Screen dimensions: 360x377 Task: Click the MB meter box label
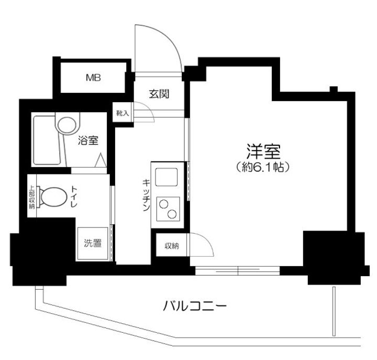coord(94,79)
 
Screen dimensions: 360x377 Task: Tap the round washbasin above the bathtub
coord(66,125)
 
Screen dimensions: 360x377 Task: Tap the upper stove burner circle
coord(164,203)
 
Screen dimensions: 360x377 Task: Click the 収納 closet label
coord(170,245)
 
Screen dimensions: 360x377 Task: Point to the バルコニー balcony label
coord(194,304)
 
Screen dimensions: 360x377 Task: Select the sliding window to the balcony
coord(238,270)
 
